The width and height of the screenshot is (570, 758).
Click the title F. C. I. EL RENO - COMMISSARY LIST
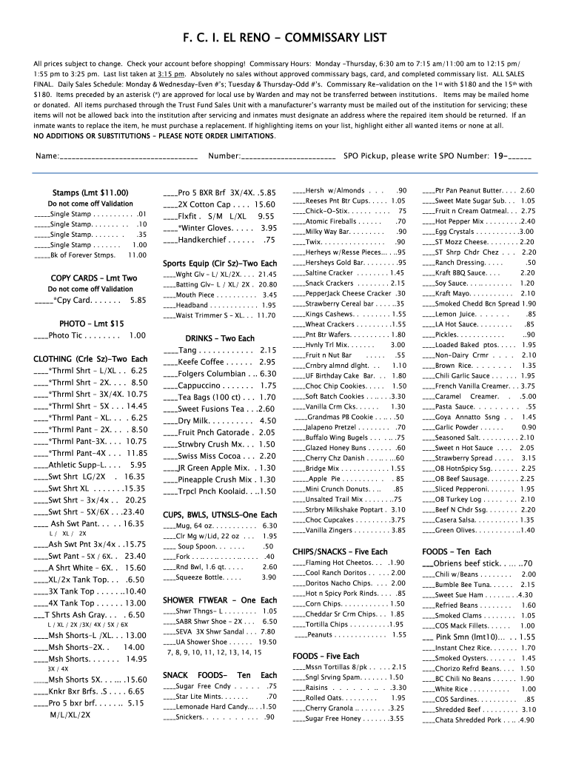point(284,37)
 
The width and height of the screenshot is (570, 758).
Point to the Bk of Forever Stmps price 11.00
point(137,255)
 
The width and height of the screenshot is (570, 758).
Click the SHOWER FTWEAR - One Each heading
point(220,600)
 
